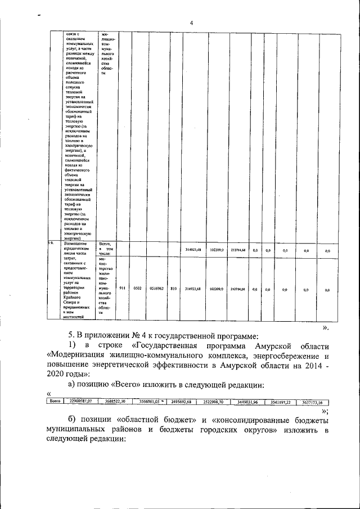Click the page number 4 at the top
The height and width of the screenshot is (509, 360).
(x=191, y=22)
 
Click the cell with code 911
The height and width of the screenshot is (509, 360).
(x=122, y=288)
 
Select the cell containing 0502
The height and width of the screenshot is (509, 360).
(x=137, y=288)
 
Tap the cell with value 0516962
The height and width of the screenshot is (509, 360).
(x=157, y=288)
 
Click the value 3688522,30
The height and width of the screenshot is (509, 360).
(x=115, y=400)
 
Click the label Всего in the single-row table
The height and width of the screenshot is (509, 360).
(x=56, y=400)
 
